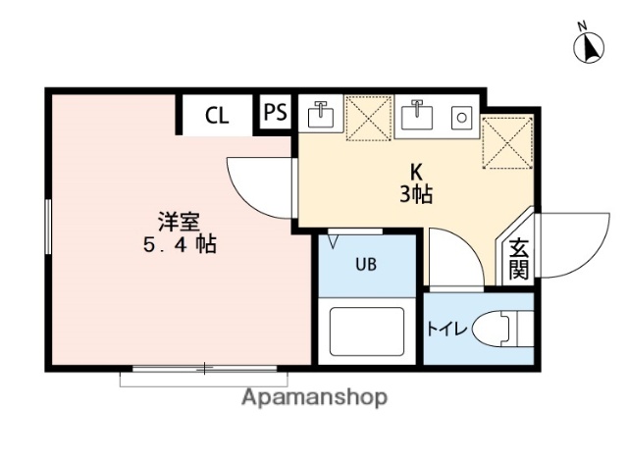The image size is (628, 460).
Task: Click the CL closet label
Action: point(217,115)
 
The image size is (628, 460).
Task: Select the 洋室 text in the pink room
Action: point(177,221)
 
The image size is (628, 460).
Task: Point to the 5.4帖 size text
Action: point(177,245)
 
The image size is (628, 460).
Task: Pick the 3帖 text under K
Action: point(416,193)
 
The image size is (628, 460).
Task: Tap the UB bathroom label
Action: point(365,263)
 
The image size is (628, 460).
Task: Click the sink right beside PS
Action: point(320,115)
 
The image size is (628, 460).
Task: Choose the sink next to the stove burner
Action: point(419,116)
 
